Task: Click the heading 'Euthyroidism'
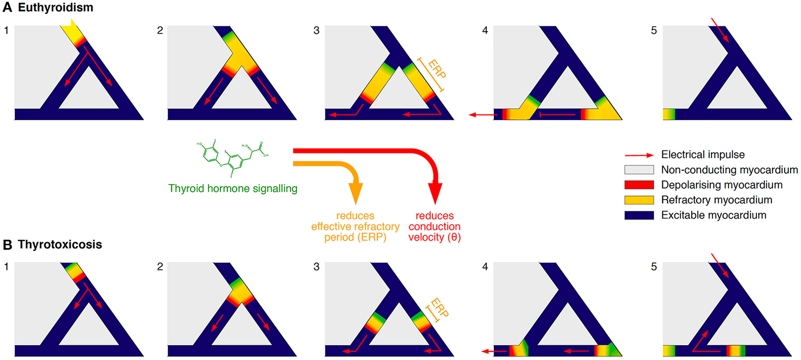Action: pos(55,8)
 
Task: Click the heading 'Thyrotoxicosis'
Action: pos(60,245)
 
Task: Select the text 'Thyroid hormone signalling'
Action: pos(233,189)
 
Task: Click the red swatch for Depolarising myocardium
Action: pos(639,185)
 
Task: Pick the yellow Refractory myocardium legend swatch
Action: pos(639,200)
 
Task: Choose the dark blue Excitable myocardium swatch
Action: pos(639,215)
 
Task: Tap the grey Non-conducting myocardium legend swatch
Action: pos(639,170)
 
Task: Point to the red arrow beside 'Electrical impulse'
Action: pos(639,155)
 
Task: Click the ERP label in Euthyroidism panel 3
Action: pos(436,69)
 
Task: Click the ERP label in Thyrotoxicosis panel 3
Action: pos(439,308)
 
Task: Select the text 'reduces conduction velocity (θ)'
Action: pos(434,227)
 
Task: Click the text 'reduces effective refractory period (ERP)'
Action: pos(355,227)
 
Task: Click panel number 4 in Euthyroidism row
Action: pos(485,31)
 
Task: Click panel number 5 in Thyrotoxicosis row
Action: pos(654,267)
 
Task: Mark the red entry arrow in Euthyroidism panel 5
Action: pos(720,30)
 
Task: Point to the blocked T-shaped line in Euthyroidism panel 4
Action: pos(557,115)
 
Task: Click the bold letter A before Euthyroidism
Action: pos(8,8)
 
